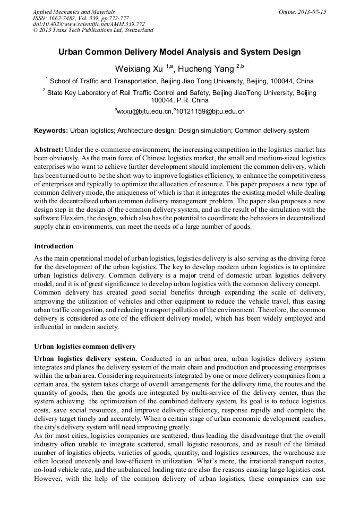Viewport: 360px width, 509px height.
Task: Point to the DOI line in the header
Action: [x=89, y=24]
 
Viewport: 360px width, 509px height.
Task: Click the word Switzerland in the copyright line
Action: [x=136, y=30]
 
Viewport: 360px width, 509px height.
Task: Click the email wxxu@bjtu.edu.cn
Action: [x=145, y=112]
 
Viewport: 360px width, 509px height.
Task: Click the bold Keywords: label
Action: [x=51, y=131]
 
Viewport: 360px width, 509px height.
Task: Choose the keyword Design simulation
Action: [x=204, y=131]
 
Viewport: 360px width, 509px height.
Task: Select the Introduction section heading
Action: [x=54, y=246]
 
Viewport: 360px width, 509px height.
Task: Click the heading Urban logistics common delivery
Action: [x=85, y=347]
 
